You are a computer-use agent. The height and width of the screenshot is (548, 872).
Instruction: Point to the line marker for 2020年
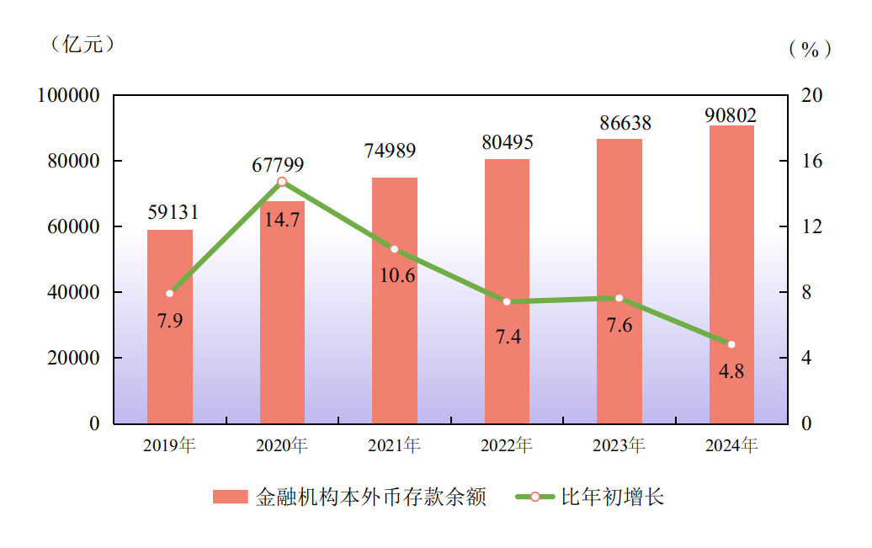click(282, 182)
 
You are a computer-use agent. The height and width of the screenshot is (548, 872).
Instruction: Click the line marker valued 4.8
click(731, 344)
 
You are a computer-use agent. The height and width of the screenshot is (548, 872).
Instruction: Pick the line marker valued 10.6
click(394, 249)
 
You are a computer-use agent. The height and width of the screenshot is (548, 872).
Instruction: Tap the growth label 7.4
click(508, 337)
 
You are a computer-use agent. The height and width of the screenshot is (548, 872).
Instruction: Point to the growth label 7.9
click(170, 321)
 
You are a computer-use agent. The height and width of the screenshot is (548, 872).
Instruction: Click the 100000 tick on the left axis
click(69, 96)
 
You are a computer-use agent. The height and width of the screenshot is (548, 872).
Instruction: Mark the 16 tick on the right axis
click(811, 162)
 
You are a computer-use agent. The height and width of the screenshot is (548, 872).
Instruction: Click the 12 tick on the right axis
click(811, 227)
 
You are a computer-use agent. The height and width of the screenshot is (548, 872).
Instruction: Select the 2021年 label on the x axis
click(394, 445)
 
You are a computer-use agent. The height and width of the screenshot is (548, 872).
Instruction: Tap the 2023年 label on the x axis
click(619, 445)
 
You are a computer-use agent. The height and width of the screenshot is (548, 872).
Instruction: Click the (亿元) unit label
click(82, 45)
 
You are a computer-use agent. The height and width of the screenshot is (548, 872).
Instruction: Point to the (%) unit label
click(810, 49)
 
